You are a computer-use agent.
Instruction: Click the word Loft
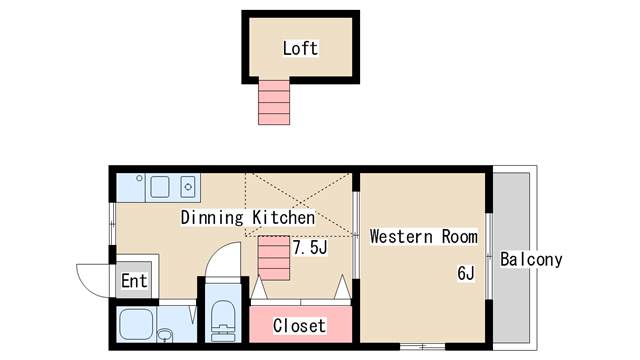click(x=300, y=48)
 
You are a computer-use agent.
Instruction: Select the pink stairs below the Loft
click(x=274, y=102)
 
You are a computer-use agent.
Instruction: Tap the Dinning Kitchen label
click(x=248, y=217)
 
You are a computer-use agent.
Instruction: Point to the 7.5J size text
click(x=310, y=247)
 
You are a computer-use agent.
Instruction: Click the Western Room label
click(x=423, y=237)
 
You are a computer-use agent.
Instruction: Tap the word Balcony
click(x=531, y=260)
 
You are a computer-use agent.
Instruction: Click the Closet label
click(x=299, y=326)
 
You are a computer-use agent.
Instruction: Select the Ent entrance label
click(x=134, y=281)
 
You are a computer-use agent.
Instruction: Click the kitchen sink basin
click(x=160, y=186)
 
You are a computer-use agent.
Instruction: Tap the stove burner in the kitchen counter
click(x=188, y=186)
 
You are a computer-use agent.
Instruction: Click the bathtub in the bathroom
click(x=136, y=324)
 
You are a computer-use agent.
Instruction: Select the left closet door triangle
click(x=258, y=290)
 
